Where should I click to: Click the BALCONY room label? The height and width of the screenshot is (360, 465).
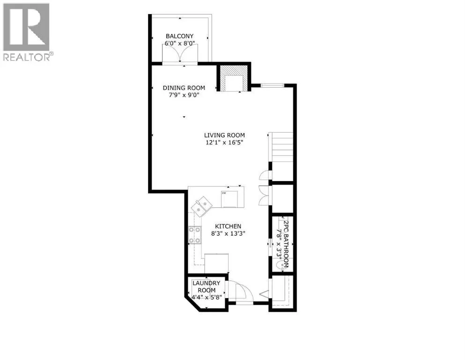179,36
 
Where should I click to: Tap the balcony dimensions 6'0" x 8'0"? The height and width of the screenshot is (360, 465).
179,43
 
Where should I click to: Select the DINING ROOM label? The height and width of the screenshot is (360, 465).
184,88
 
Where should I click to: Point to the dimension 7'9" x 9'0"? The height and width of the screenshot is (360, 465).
184,95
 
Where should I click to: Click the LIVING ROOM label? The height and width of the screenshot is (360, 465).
224,135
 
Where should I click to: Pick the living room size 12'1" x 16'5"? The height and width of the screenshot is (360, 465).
224,142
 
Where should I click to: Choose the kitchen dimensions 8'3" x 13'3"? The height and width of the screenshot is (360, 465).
228,233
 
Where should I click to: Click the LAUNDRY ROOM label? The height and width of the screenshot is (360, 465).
207,287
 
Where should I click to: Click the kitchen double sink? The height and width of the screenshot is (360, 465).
202,207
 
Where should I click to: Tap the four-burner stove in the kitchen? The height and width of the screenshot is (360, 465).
194,235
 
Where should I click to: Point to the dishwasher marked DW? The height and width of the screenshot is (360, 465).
229,199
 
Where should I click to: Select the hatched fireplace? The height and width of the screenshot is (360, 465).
233,79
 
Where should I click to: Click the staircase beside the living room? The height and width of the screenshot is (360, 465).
280,147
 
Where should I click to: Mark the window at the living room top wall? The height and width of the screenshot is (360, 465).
273,85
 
